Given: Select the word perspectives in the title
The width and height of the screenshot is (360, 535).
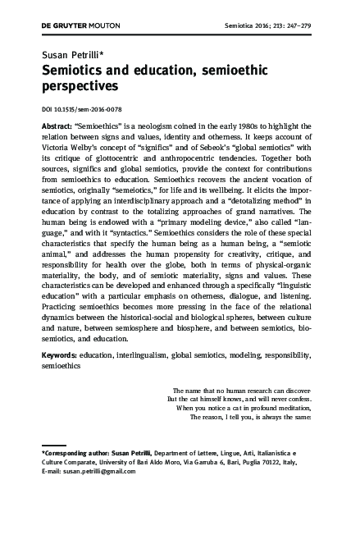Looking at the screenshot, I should (x=80, y=85).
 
